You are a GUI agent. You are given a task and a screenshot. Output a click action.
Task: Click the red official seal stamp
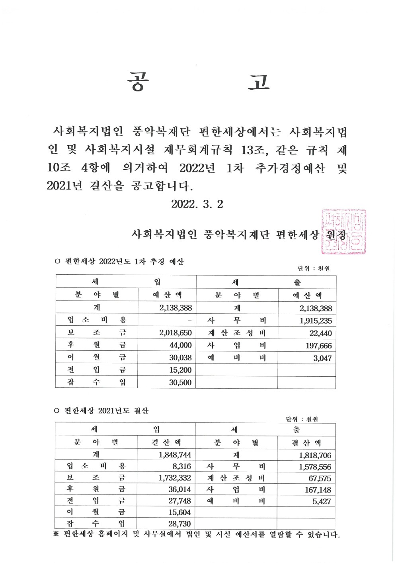coord(343,232)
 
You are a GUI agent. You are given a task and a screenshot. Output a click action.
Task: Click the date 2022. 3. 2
coord(197,204)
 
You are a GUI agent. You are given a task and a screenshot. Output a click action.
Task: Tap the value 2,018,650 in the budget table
coord(176,333)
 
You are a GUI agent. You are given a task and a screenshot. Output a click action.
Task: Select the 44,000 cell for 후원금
coord(180,345)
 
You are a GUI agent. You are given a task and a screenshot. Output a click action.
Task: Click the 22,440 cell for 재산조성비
coord(320,334)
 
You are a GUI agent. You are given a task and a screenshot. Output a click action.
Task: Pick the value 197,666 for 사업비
coord(318,346)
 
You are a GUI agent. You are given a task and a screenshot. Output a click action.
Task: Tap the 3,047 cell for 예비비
coord(322,358)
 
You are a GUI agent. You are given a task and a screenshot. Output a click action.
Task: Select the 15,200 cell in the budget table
coord(180,370)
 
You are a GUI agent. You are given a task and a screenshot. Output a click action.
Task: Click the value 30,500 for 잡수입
coord(180,383)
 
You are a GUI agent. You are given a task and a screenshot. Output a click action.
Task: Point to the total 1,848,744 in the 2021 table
coord(175,455)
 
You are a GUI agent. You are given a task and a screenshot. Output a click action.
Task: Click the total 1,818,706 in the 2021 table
coord(315,455)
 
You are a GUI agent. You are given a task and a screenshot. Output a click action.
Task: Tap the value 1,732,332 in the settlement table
coord(175,478)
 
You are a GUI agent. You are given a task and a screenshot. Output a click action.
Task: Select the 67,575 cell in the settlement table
coord(320,479)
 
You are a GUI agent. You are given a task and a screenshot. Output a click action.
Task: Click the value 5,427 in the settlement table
coord(322,502)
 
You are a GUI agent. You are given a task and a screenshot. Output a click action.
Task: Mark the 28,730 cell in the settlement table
coord(179,524)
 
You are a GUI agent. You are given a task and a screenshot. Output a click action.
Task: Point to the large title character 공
coord(138,82)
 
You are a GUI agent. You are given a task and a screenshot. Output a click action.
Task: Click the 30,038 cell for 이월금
coord(180,358)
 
